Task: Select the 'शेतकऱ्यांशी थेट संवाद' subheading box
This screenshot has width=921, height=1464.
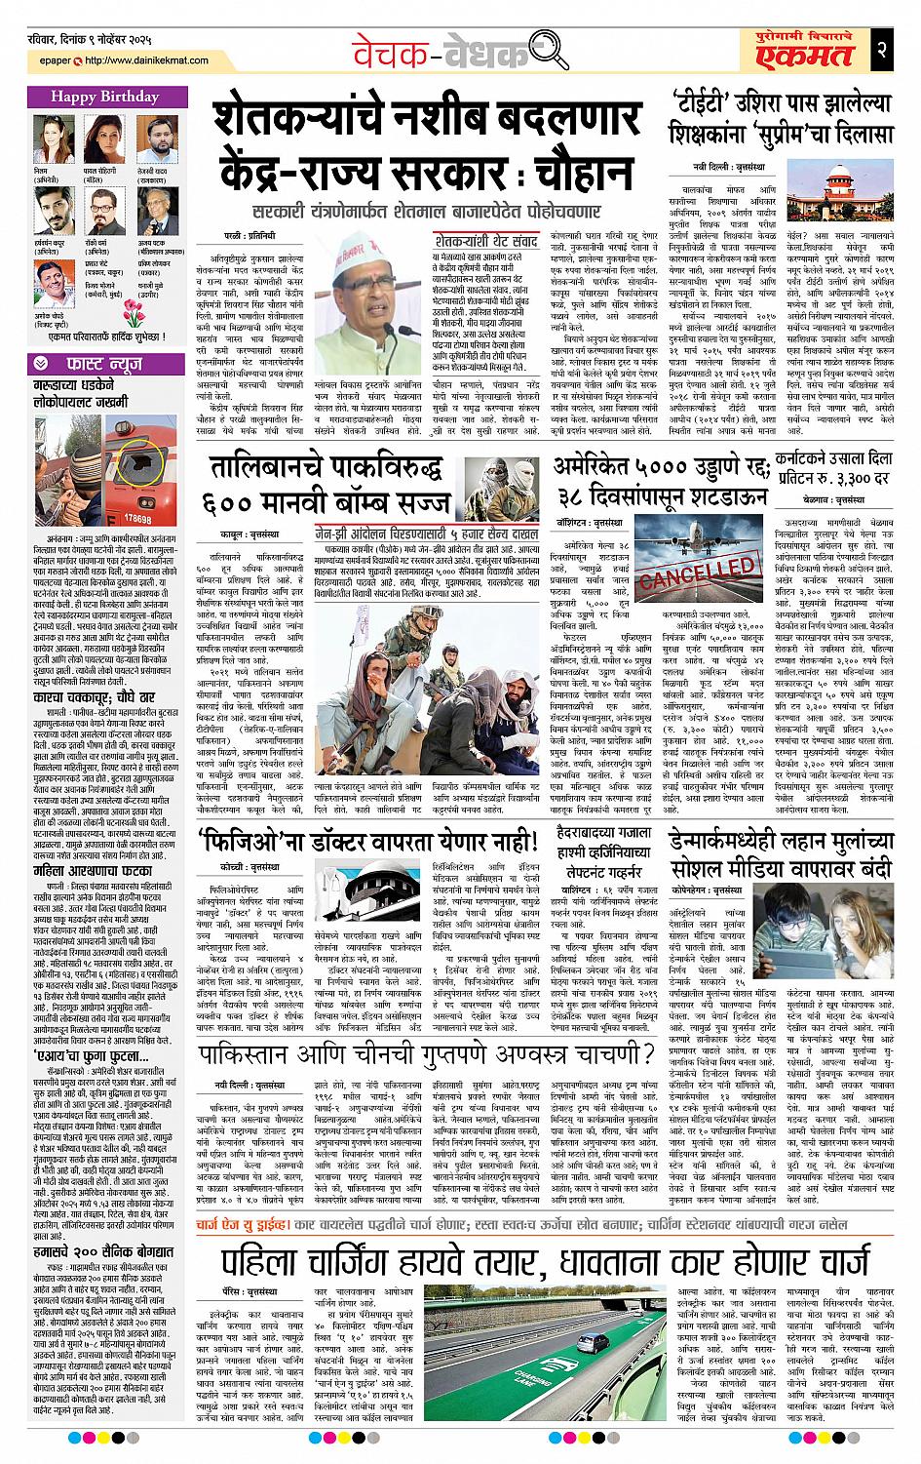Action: point(484,237)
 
